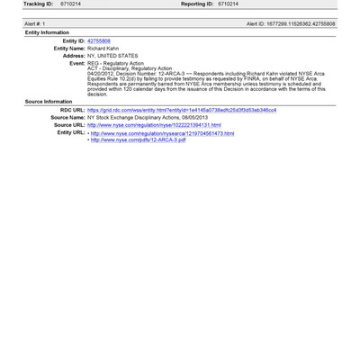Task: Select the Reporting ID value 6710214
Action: [227, 4]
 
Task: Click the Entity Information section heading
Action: [47, 31]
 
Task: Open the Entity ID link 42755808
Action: [99, 40]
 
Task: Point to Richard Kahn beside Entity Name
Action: [106, 48]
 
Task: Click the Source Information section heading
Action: [49, 102]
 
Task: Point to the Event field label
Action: [76, 63]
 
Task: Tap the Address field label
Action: [74, 55]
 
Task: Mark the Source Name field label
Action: [67, 117]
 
